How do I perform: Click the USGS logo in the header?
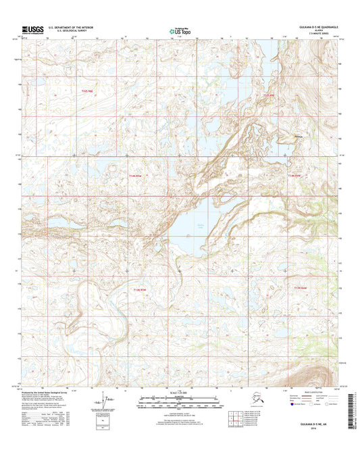click(31, 29)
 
